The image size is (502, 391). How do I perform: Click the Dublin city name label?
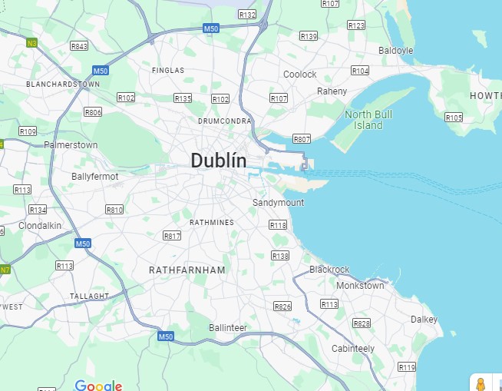(219, 161)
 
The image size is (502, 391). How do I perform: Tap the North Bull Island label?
(363, 120)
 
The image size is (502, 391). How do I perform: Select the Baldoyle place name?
(395, 51)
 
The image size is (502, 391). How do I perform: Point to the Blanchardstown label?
(63, 84)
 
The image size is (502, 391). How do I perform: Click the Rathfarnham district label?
(187, 270)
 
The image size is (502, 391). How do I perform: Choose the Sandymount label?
(278, 203)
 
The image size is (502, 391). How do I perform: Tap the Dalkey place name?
(424, 320)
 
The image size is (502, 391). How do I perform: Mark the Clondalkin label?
(40, 226)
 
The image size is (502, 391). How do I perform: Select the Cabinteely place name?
(353, 349)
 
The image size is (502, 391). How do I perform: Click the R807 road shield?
(302, 139)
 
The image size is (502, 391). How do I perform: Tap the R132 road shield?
(247, 15)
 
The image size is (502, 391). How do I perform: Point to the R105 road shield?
(454, 118)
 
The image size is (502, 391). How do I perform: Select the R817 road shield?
(172, 236)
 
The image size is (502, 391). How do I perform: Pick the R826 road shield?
(282, 307)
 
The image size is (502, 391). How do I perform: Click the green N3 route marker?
(31, 42)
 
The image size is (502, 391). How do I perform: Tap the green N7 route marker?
(5, 270)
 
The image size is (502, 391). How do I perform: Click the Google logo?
(98, 385)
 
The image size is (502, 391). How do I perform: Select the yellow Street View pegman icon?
(481, 383)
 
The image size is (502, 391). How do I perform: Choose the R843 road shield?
(79, 46)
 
